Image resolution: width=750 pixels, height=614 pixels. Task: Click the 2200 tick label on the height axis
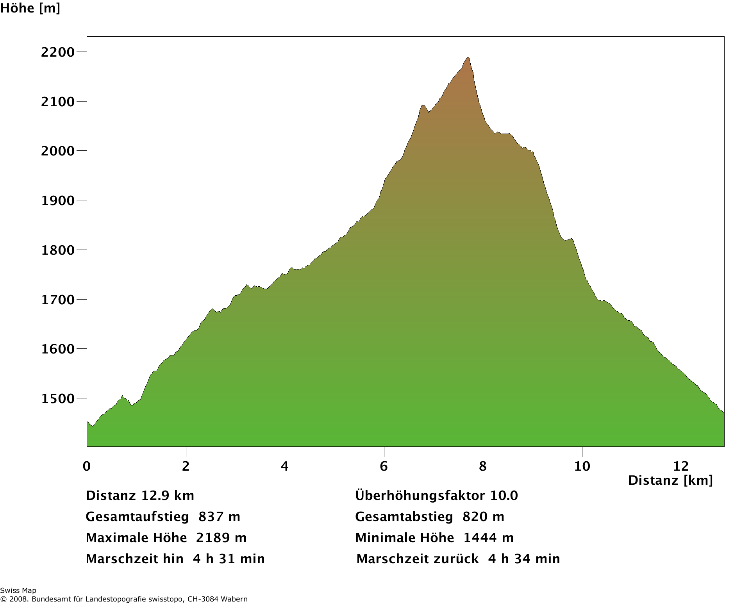(x=57, y=52)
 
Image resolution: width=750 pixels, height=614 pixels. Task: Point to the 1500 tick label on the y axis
(x=57, y=399)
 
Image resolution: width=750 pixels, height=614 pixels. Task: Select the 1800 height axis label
(x=57, y=250)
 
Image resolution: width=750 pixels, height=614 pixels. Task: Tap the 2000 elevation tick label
(x=57, y=151)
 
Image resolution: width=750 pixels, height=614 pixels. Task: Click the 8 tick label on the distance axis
(x=483, y=466)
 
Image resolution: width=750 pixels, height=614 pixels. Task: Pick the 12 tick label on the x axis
(x=681, y=466)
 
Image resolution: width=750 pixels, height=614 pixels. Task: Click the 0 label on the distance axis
(x=87, y=466)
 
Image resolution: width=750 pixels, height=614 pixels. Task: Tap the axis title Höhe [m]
(x=30, y=8)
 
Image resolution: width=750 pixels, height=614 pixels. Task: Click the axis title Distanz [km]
(x=670, y=480)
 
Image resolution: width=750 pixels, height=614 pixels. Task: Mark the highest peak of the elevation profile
(x=468, y=57)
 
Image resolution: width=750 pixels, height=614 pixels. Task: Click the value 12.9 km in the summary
(x=168, y=496)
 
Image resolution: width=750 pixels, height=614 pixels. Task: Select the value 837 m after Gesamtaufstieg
(x=219, y=517)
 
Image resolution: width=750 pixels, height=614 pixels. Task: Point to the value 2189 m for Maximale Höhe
(x=221, y=538)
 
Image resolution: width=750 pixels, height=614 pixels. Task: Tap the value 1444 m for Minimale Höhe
(x=488, y=538)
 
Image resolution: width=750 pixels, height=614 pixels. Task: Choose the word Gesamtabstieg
(x=404, y=517)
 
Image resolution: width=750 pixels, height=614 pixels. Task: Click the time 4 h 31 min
(x=229, y=559)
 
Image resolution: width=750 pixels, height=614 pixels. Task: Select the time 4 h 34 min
(x=524, y=559)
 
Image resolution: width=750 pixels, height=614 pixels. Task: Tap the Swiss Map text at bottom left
(x=18, y=591)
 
